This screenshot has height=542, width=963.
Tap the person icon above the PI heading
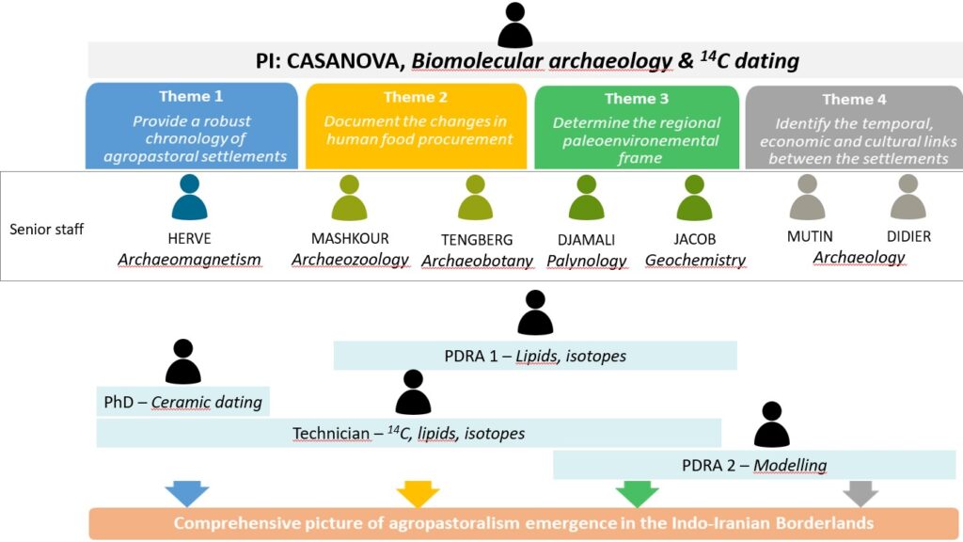(514, 25)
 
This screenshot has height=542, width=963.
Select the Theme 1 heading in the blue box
(191, 96)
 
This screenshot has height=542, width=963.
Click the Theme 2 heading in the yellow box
(415, 97)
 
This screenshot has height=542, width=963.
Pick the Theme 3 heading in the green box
(637, 99)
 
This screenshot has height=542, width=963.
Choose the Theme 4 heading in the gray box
(854, 99)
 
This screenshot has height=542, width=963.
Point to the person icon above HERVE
(189, 199)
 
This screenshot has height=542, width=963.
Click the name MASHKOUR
(350, 238)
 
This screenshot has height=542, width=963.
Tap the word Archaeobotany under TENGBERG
(477, 261)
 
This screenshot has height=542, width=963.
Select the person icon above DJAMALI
(587, 199)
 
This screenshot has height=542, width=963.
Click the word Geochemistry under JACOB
(695, 261)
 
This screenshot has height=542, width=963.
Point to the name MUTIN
(810, 237)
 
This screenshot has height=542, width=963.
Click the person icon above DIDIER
(908, 198)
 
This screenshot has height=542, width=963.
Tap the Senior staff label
(47, 230)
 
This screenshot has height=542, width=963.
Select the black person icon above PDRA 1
(535, 312)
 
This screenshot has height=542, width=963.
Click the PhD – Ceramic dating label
(182, 402)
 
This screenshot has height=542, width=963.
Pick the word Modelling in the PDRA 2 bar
(790, 465)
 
